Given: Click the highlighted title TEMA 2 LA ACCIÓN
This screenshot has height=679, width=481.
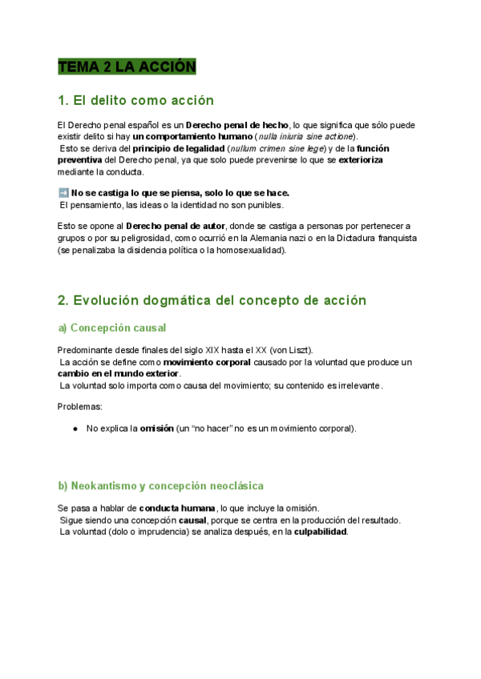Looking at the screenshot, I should click(127, 67).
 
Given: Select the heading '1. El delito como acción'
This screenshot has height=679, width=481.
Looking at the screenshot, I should click(135, 101).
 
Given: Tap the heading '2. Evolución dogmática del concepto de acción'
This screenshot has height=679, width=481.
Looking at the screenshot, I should click(212, 300).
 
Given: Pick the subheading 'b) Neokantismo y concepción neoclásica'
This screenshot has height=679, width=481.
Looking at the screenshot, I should click(160, 486).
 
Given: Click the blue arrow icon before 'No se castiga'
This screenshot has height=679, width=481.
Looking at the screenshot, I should click(63, 193).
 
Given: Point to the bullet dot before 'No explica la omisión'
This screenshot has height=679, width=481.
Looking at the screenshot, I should click(75, 428).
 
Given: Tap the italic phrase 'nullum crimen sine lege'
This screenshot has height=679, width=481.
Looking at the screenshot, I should click(276, 149).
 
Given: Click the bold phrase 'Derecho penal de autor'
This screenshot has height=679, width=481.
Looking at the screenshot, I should click(176, 227).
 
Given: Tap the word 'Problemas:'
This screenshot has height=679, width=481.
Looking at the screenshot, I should click(80, 407).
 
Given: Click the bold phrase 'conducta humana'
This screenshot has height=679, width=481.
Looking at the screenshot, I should click(176, 508).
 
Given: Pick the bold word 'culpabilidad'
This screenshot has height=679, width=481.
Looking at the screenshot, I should click(321, 532).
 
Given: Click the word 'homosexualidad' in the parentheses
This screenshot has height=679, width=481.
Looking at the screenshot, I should click(250, 250).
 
